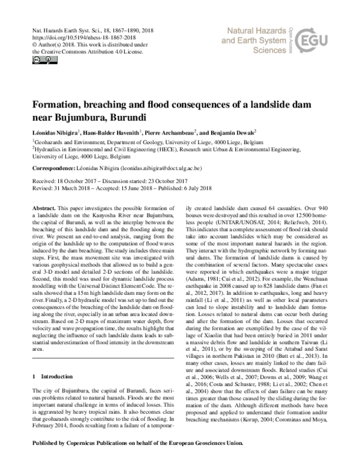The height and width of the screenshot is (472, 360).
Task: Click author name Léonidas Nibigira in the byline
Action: [55, 132]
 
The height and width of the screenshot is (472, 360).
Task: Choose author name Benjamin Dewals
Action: [232, 132]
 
